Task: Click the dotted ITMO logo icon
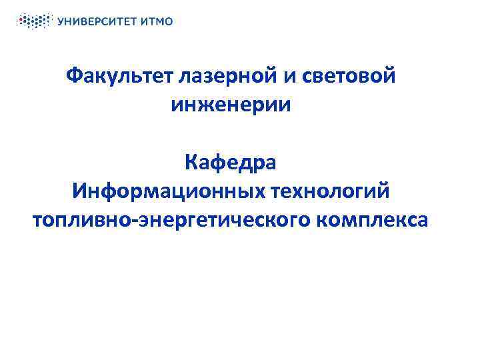click(x=33, y=21)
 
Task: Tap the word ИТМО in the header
click(x=158, y=21)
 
